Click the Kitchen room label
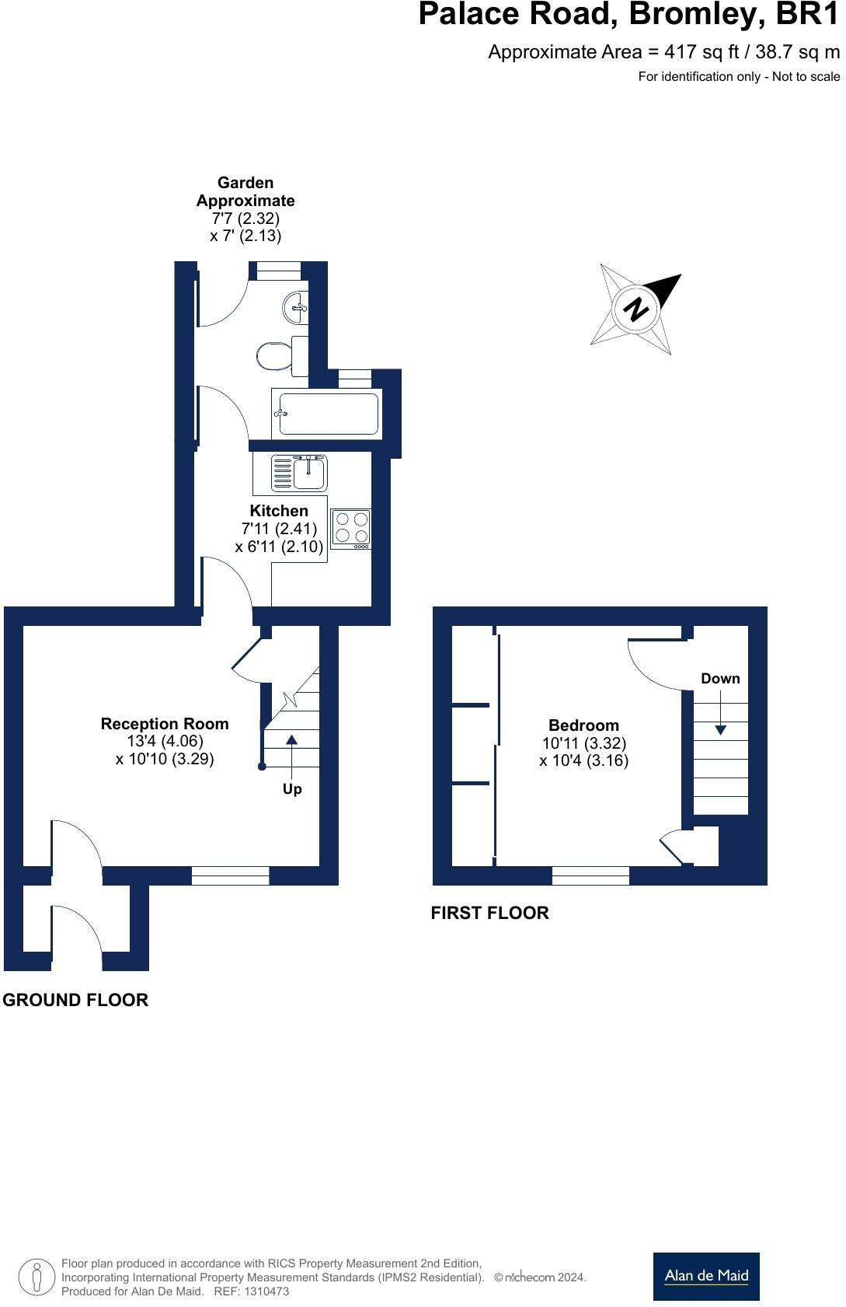[279, 511]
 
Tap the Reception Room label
[165, 724]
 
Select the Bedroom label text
[583, 725]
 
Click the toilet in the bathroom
[276, 356]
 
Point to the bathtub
[328, 414]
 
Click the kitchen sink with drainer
[300, 473]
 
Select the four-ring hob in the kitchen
[351, 528]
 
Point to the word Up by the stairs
[292, 789]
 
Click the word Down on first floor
[720, 679]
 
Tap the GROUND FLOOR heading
[75, 1000]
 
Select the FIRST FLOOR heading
[489, 913]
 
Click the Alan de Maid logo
[705, 1276]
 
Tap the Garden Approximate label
[245, 191]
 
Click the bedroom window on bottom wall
[590, 876]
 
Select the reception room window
[230, 876]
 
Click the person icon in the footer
[37, 1277]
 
